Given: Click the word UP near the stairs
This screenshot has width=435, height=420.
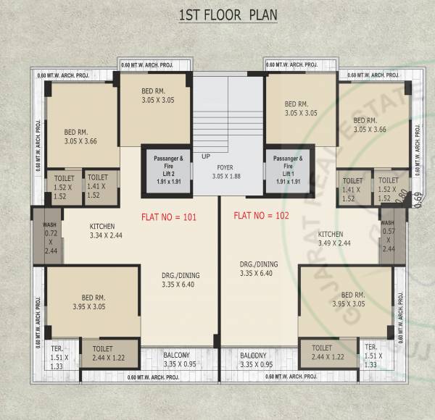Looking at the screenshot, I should [x=207, y=156].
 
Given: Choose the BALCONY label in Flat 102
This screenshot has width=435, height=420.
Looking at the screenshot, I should [x=257, y=359].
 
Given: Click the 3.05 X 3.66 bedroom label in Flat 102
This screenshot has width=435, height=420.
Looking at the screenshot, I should [x=366, y=125].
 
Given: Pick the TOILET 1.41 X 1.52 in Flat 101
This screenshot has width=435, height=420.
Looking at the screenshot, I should [x=98, y=186].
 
